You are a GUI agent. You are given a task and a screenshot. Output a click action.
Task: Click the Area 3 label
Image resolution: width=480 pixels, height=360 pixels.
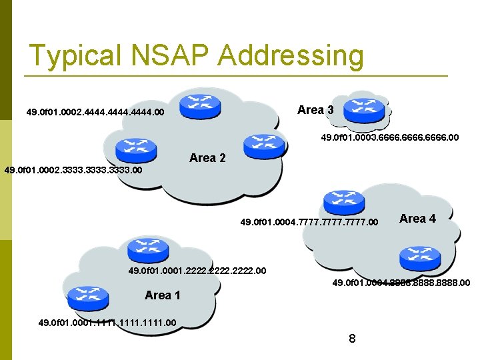coord(315,110)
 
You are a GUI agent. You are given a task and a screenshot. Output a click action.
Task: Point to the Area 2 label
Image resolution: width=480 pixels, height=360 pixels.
coord(207,158)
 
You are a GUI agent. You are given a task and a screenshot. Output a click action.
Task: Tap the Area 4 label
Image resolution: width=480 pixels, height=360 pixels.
coord(417,219)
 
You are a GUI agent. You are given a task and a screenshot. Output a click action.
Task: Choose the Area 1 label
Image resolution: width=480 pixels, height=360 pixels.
coord(163,295)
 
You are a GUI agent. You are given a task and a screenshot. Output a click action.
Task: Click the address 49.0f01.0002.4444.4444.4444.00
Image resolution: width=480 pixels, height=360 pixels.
coord(95,113)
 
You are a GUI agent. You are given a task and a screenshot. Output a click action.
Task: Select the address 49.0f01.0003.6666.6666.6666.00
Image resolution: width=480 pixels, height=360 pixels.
coord(390,138)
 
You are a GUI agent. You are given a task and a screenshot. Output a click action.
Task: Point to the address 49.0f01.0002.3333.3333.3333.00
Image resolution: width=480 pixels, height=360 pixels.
coord(73,171)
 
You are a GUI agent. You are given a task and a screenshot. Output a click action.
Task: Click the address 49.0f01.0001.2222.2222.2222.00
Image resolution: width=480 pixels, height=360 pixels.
coord(197,271)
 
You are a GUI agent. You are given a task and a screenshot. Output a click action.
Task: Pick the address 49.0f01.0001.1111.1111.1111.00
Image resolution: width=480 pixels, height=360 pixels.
coord(107,323)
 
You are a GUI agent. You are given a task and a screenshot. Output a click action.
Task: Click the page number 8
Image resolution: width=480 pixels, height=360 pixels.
coord(352,339)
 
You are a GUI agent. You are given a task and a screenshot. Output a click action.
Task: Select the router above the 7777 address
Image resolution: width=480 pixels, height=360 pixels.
coord(343,202)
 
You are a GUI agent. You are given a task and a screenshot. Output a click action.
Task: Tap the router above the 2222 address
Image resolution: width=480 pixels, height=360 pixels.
coord(144,250)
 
